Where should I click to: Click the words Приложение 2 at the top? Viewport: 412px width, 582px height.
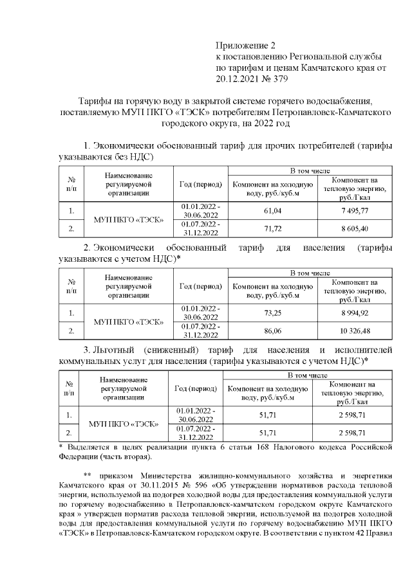tap(245, 46)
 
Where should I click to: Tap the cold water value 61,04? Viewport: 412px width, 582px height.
tap(273, 210)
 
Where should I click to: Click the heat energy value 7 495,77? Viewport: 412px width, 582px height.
tap(355, 210)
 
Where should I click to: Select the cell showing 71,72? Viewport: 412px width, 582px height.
tap(273, 228)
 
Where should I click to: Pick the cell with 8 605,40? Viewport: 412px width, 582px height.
tap(355, 228)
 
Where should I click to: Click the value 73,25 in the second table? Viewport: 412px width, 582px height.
tap(273, 313)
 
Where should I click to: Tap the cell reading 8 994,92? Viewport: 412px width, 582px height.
tap(355, 313)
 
